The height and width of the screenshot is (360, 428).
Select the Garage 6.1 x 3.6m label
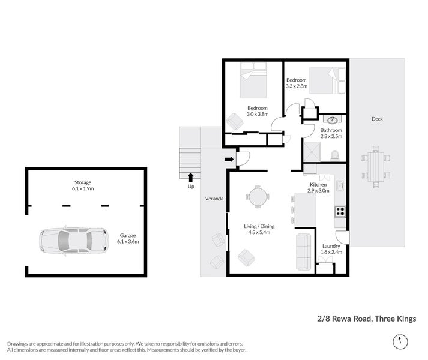point(129,239)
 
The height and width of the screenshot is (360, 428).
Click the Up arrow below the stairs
point(191,176)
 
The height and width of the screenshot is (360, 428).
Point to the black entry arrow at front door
point(228,159)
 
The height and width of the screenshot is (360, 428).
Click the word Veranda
point(214,198)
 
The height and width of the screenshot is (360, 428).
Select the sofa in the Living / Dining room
point(303,251)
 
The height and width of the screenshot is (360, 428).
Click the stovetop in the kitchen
point(340,211)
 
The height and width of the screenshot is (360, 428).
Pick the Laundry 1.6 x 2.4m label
point(331,249)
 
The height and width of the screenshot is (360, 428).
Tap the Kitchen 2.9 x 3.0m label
point(318,187)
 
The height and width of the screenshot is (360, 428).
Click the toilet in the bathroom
point(335,154)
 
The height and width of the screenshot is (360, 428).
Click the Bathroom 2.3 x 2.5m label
point(331,133)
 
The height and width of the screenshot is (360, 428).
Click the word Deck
point(376,119)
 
